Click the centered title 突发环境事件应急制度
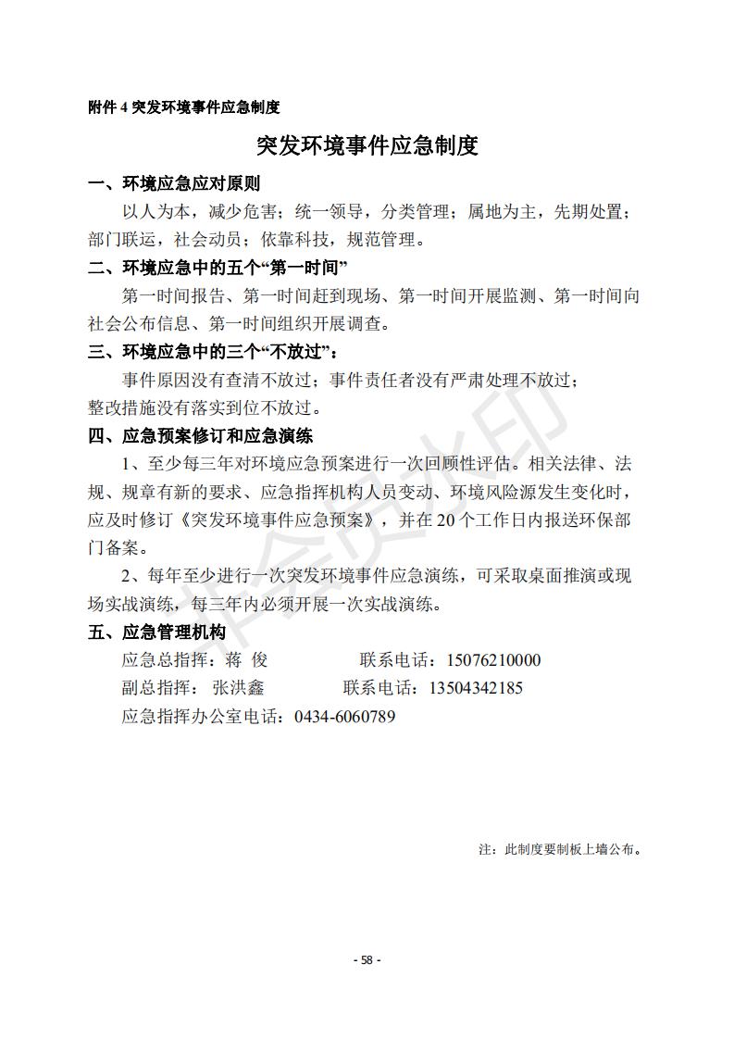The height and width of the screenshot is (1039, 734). [x=367, y=146]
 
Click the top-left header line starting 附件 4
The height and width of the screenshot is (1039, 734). [x=183, y=107]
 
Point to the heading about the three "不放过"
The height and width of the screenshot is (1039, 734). [x=213, y=353]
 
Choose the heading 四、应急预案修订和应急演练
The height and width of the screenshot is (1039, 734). [x=200, y=435]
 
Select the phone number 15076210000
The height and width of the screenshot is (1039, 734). [x=493, y=661]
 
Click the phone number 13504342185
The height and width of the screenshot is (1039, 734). [x=476, y=688]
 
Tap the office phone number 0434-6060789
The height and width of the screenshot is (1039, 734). [x=344, y=717]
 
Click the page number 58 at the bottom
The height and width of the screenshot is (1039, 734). [x=367, y=960]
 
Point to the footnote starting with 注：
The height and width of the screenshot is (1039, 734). [x=560, y=848]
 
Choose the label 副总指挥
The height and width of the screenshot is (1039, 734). [x=152, y=688]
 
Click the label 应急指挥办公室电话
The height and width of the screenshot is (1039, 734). [x=205, y=717]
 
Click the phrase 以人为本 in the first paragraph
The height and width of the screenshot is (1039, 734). [x=155, y=212]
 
